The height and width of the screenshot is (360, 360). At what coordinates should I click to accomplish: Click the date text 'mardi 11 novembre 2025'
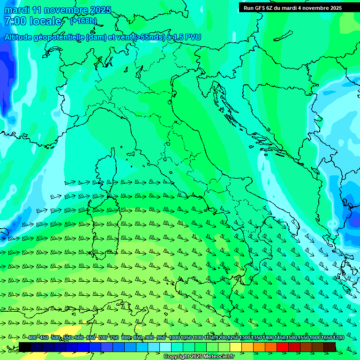click(x=58, y=10)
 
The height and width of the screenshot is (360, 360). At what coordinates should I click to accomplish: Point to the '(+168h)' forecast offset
click(x=83, y=21)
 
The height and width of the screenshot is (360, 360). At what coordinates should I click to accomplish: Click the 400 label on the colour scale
click(x=32, y=338)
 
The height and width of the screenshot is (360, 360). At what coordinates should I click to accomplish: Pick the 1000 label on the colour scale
click(x=174, y=338)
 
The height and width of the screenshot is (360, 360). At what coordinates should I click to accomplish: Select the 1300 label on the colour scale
click(x=245, y=338)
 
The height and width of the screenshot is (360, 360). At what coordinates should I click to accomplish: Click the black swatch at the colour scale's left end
click(x=25, y=347)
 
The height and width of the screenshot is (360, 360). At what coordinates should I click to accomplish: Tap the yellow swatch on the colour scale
click(x=236, y=347)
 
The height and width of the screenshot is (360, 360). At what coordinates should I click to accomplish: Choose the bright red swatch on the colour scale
click(x=283, y=347)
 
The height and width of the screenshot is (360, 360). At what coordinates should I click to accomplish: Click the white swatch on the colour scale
click(x=165, y=347)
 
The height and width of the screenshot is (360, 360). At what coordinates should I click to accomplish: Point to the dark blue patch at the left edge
click(x=6, y=80)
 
